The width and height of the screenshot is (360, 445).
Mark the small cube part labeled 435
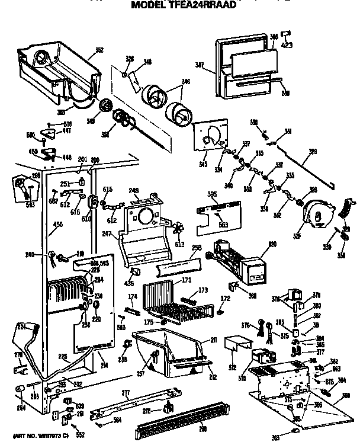pyautogui.click(x=135, y=272)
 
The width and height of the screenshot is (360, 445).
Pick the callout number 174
pyautogui.click(x=133, y=296)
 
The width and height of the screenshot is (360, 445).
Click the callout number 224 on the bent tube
pyautogui.click(x=21, y=326)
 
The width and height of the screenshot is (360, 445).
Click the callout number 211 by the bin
pyautogui.click(x=213, y=340)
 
